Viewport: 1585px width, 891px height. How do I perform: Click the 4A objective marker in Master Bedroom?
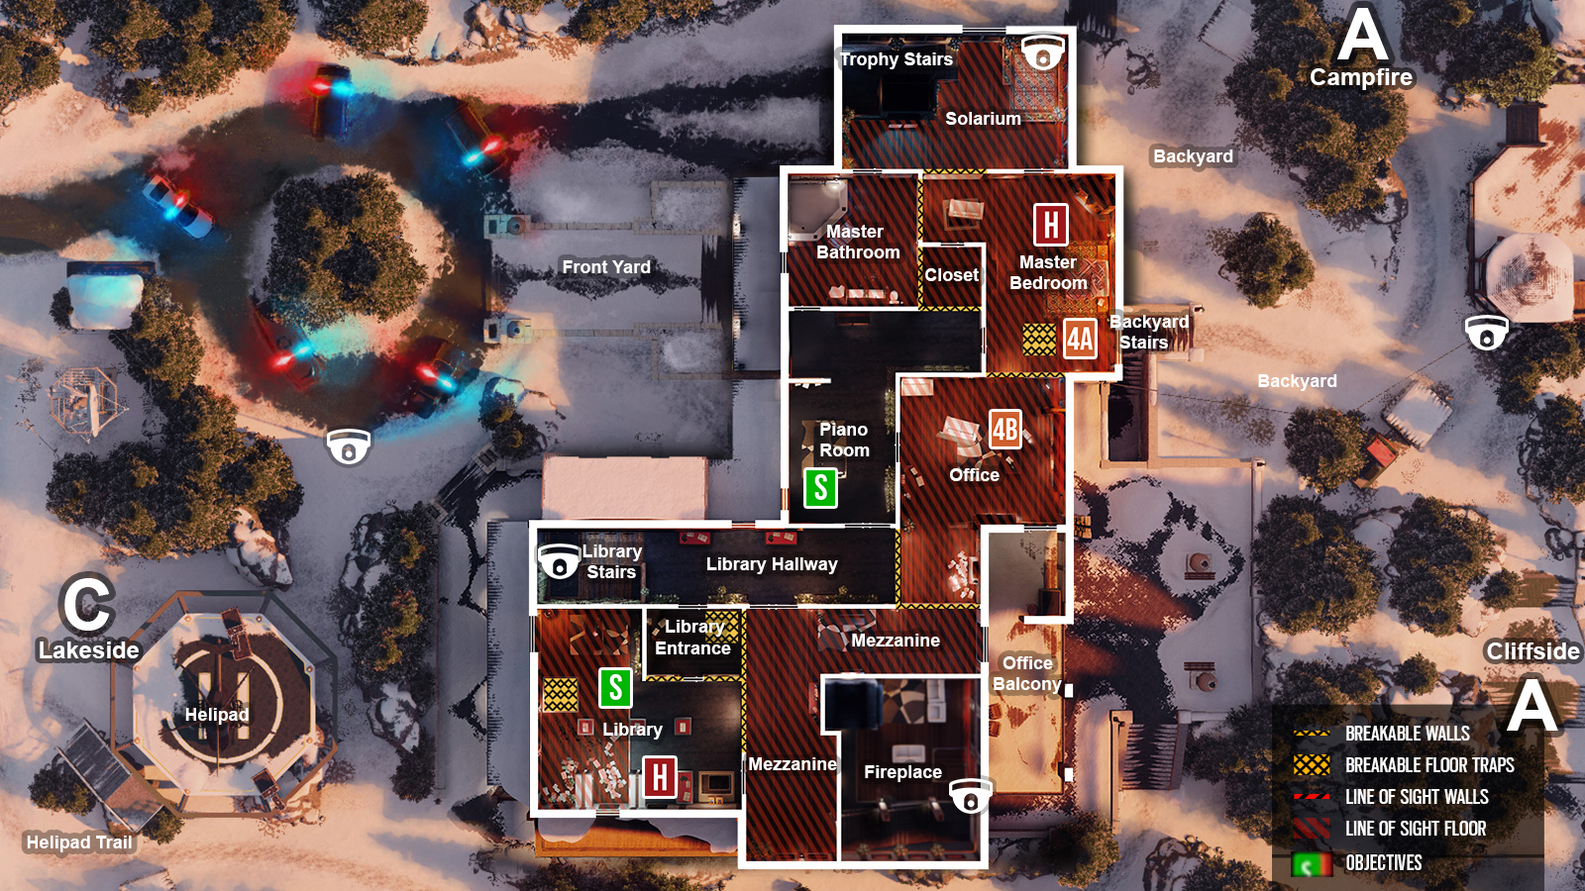1080,339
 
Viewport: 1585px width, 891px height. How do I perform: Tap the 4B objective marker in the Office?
1005,429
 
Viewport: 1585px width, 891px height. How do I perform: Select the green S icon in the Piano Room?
820,488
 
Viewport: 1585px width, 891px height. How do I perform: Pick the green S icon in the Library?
615,687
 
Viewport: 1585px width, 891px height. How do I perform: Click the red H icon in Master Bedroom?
1050,225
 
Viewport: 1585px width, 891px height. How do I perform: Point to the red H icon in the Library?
660,777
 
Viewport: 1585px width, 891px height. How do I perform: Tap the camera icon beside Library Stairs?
559,562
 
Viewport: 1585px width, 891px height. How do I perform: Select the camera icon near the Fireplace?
971,795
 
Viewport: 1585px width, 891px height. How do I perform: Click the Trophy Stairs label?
897,59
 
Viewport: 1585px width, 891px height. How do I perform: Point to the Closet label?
952,275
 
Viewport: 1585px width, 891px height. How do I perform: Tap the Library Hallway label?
772,564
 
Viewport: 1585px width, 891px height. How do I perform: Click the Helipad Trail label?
79,842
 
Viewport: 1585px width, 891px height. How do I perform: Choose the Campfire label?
1361,77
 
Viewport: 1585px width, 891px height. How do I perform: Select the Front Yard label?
606,267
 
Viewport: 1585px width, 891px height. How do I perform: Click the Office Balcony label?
1027,673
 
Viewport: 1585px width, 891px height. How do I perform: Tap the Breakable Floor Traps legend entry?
1428,765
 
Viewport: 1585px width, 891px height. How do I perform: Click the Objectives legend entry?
1383,863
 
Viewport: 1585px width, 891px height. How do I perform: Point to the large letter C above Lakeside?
87,604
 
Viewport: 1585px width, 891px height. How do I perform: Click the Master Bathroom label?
858,242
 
